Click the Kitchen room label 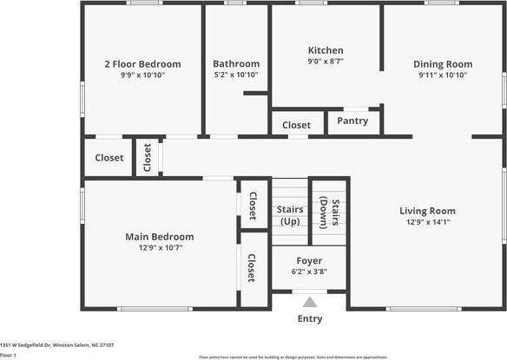tap(326, 50)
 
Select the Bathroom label tap(236, 63)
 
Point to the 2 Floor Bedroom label tap(142, 63)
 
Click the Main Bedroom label tap(160, 236)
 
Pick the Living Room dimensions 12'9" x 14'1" tap(427, 222)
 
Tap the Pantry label tap(352, 121)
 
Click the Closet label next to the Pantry tap(297, 125)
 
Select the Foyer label tap(309, 260)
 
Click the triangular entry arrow tap(310, 303)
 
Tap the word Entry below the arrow tap(310, 318)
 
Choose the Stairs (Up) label tap(290, 214)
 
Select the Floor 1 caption tap(9, 355)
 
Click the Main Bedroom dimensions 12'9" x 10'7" tap(160, 247)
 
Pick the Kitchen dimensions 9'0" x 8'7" tap(326, 62)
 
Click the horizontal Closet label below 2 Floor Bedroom tap(109, 158)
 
